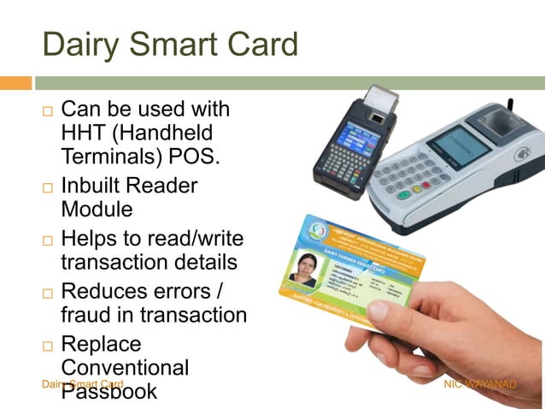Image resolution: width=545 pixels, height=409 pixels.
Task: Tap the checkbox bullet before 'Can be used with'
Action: pos(48,112)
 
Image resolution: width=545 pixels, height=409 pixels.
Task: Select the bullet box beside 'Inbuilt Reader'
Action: pos(48,187)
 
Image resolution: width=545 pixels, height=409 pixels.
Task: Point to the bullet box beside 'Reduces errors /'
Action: pos(48,293)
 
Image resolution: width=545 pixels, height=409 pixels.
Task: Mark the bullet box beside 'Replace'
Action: pos(48,347)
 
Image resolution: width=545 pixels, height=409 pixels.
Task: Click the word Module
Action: pos(96,208)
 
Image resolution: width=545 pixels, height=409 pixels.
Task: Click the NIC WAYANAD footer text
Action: pos(480,385)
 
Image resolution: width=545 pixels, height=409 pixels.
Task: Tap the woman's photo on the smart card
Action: pos(303,270)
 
